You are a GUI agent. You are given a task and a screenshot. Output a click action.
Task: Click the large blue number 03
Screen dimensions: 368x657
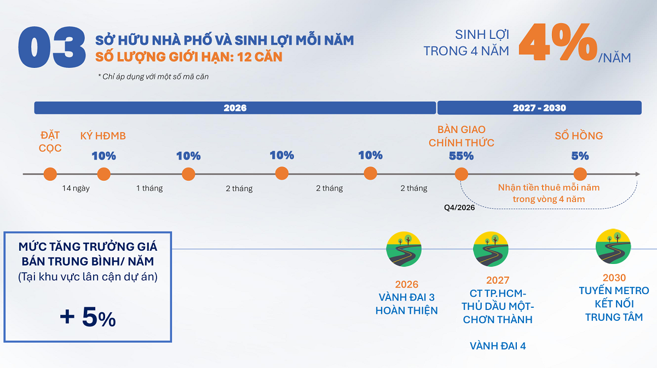(52, 48)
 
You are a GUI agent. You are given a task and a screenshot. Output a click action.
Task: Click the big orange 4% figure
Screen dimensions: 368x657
(557, 43)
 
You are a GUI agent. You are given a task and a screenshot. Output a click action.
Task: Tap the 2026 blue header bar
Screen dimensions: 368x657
(235, 108)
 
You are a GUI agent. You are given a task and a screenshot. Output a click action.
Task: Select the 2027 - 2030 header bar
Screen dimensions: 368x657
(539, 108)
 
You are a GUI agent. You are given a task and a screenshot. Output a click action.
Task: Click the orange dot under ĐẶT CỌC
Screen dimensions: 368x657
(50, 174)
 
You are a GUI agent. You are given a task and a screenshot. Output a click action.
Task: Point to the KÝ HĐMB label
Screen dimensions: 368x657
(103, 136)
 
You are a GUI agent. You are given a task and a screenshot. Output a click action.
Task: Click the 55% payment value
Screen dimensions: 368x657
(461, 156)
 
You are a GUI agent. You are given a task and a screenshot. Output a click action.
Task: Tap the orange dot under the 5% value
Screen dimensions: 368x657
(580, 174)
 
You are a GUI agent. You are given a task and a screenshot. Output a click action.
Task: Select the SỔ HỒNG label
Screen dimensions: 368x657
(579, 136)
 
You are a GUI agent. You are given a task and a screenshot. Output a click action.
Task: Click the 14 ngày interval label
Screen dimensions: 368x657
(76, 188)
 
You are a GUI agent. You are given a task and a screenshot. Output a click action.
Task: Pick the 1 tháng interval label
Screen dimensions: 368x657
(149, 188)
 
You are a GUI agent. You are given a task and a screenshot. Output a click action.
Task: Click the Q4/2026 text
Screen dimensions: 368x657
(459, 208)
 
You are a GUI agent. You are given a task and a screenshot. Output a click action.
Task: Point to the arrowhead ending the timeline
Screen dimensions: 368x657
(637, 174)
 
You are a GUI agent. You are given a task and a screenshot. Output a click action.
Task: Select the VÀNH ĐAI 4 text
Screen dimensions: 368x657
(498, 346)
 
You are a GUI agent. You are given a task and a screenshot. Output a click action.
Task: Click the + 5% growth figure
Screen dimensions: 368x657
(88, 318)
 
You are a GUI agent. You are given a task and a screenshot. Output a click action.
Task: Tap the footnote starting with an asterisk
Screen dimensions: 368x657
(153, 77)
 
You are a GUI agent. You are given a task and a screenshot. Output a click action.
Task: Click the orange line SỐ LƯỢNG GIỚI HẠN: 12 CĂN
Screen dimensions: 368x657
(189, 56)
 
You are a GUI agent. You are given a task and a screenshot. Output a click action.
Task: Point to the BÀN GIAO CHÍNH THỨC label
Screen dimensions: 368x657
(461, 136)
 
